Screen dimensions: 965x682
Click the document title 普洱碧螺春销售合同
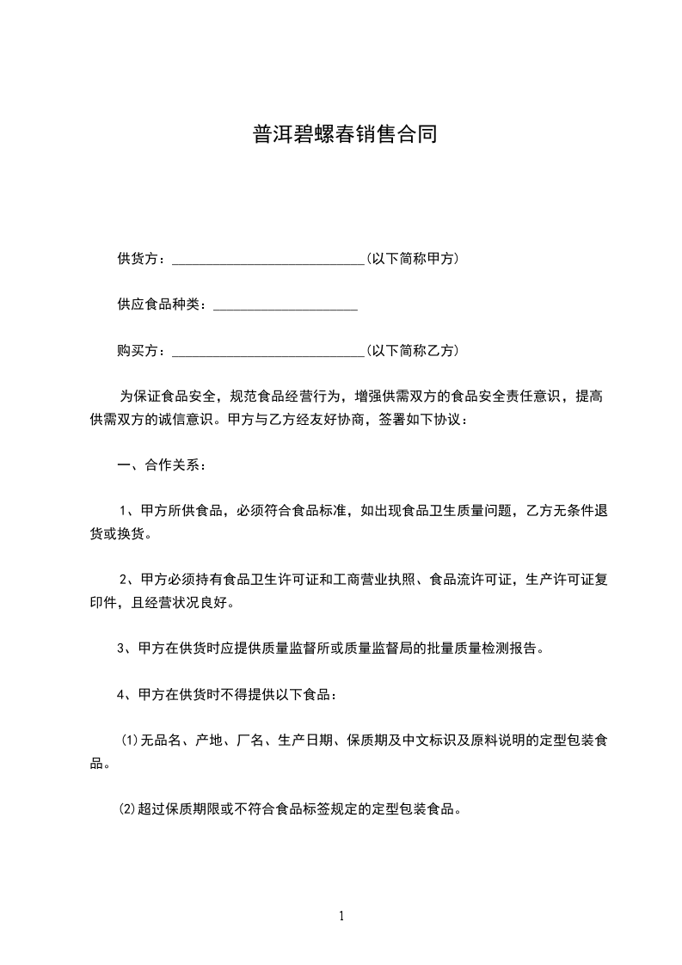tap(345, 134)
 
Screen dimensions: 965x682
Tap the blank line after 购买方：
tap(268, 352)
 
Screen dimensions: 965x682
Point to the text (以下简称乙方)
tap(412, 351)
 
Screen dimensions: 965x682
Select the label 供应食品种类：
tap(163, 304)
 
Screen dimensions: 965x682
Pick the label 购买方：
tap(144, 351)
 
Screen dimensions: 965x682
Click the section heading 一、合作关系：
tap(162, 465)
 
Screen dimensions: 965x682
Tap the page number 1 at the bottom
tap(341, 917)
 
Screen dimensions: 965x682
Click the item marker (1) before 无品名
tap(129, 741)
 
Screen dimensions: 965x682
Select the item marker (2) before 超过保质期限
tap(129, 809)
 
